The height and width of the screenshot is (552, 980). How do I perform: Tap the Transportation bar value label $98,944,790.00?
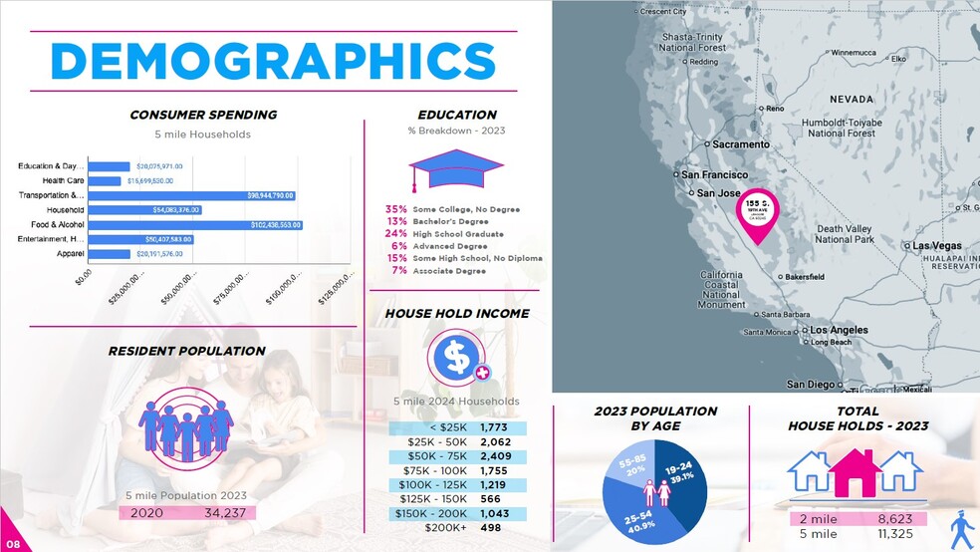(x=271, y=196)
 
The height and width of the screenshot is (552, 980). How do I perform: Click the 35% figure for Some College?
(x=396, y=209)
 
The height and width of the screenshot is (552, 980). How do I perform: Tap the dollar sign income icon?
(x=457, y=357)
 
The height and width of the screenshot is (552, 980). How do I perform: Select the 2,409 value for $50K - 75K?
(x=495, y=458)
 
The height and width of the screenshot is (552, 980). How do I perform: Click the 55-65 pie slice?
(x=632, y=467)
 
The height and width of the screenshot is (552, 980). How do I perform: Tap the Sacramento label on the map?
(x=740, y=144)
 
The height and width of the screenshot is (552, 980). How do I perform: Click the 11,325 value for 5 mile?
(x=894, y=534)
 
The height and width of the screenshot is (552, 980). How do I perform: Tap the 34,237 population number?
(x=225, y=513)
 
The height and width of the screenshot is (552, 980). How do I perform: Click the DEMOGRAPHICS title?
(x=273, y=62)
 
